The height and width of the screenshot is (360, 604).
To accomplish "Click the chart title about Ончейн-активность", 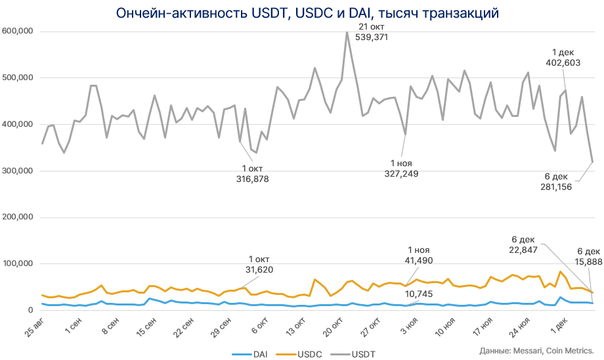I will (x=301, y=13).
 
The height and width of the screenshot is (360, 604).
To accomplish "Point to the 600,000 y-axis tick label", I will (x=18, y=32).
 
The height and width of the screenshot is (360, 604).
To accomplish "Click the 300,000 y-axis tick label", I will (x=18, y=171).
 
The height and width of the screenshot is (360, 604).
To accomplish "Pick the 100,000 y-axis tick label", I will (x=18, y=264).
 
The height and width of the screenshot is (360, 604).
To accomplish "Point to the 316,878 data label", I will (x=253, y=178).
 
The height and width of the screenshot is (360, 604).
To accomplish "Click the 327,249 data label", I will (x=401, y=173).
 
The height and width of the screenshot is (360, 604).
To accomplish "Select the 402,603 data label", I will (x=563, y=62).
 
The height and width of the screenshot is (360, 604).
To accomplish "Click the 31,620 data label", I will (x=259, y=269).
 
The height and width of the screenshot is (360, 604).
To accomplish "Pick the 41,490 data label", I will (x=419, y=261).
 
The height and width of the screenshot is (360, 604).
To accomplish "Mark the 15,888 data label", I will (x=588, y=261).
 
